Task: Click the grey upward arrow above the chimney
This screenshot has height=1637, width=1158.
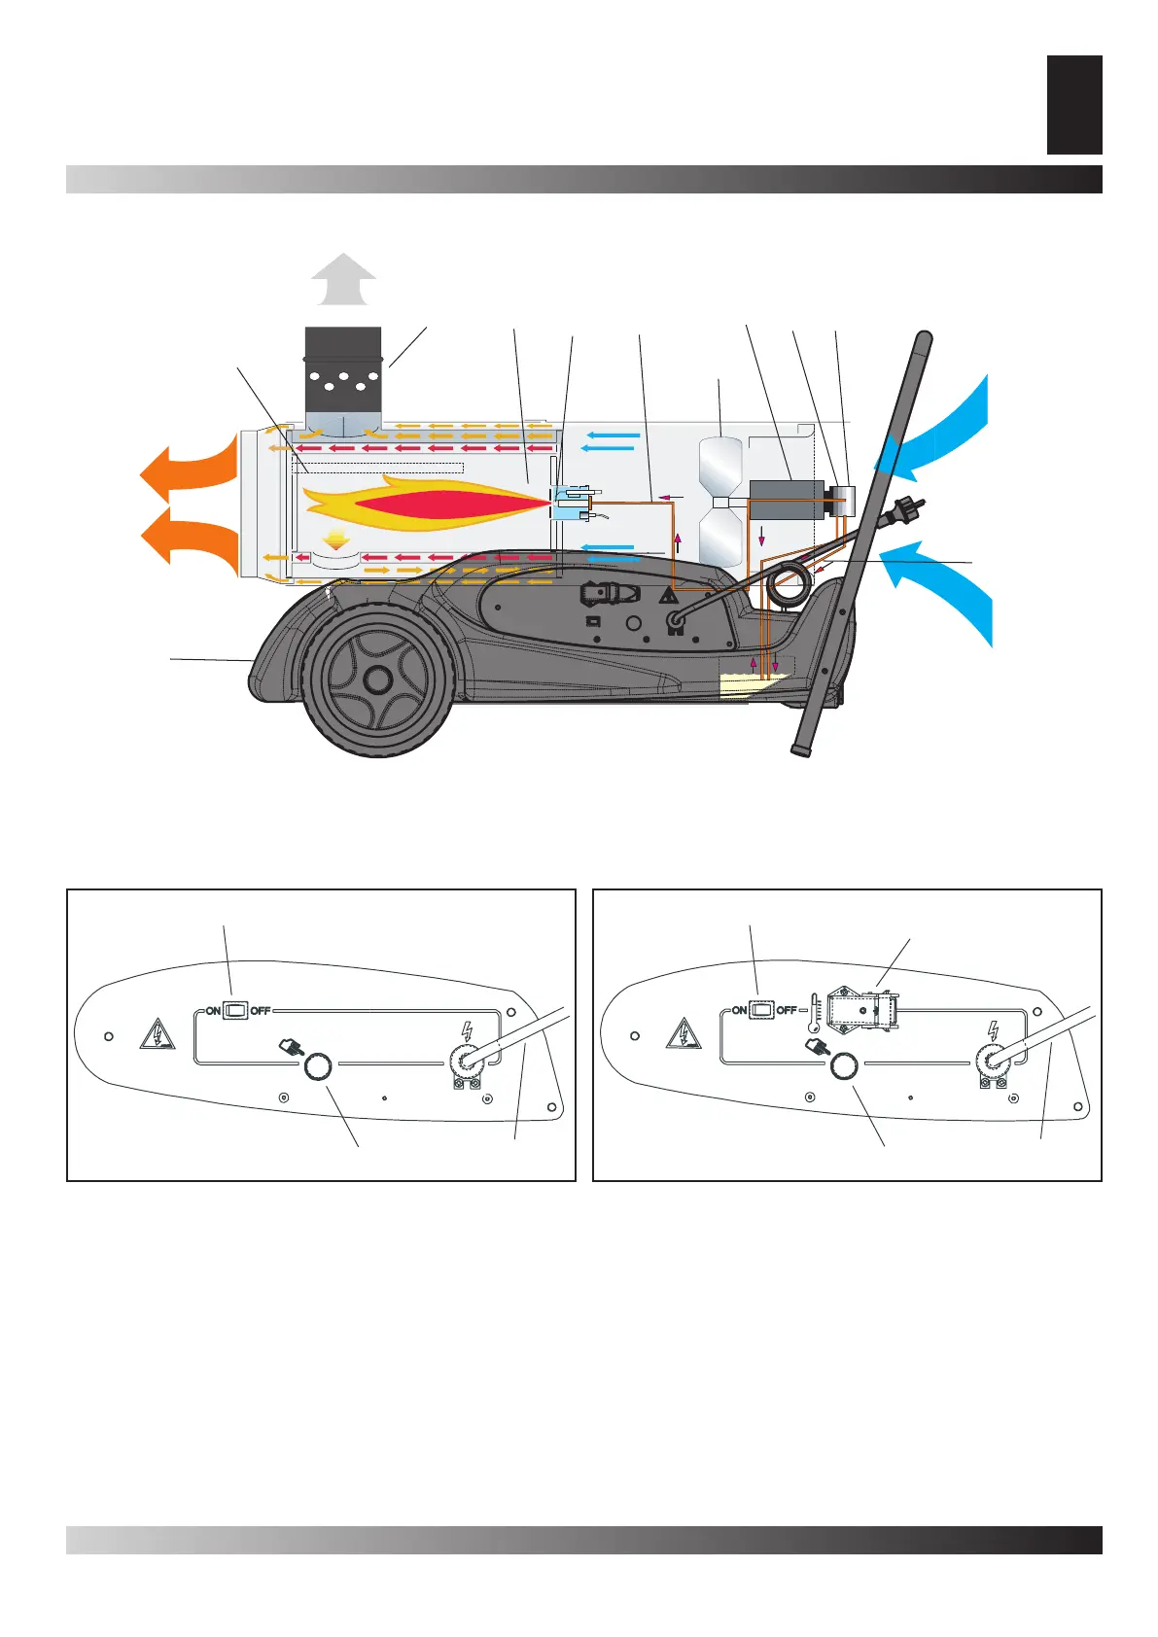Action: [343, 280]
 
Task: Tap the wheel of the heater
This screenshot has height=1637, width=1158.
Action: [376, 678]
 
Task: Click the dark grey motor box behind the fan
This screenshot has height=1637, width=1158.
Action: [786, 499]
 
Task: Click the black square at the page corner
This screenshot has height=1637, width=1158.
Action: [1074, 105]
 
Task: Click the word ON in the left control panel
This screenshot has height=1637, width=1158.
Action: [213, 1011]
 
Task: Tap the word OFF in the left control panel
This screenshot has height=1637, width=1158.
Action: [261, 1011]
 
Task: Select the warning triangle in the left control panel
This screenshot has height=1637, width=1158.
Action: [157, 1034]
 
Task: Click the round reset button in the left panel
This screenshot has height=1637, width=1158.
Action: [317, 1066]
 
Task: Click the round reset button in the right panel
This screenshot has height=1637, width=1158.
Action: [843, 1066]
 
